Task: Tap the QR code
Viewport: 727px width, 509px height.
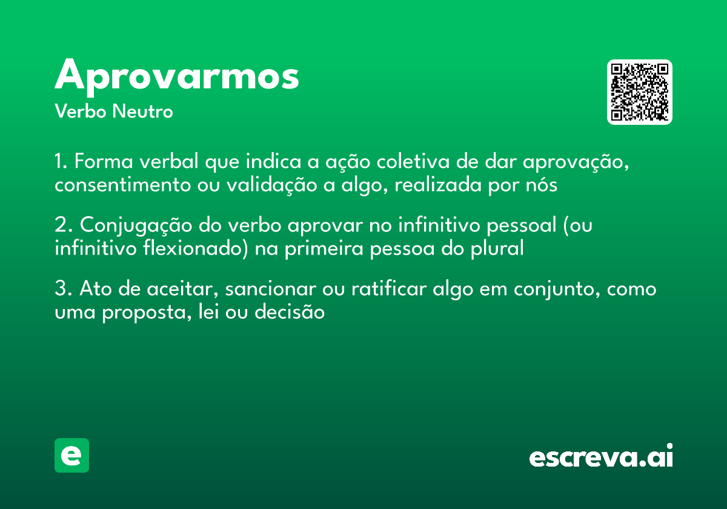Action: point(639,92)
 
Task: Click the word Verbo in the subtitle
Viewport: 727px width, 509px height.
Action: point(79,112)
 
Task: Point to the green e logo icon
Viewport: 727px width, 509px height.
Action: point(71,455)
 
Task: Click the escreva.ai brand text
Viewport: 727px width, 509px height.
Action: point(601,457)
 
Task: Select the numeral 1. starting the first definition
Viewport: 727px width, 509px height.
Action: point(62,162)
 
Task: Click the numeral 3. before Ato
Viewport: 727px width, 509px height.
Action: point(64,289)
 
